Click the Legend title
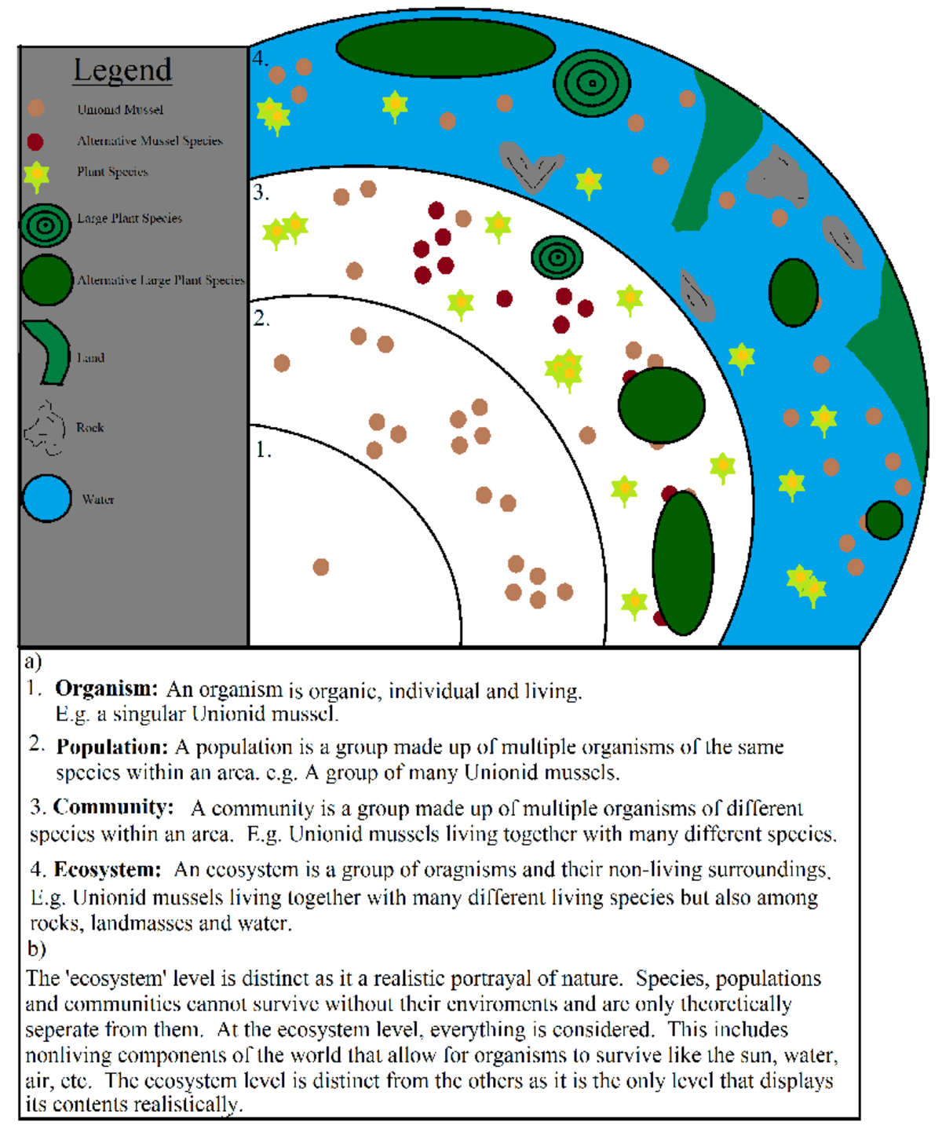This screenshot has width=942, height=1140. click(122, 71)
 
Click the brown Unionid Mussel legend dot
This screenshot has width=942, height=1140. click(35, 108)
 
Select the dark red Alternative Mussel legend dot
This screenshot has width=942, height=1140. click(35, 141)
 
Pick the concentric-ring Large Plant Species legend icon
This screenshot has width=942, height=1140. click(46, 225)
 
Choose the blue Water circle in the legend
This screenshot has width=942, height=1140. click(47, 499)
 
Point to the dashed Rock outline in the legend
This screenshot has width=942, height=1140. click(45, 429)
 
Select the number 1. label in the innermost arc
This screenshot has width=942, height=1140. click(263, 450)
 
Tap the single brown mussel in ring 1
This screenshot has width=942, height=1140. click(321, 567)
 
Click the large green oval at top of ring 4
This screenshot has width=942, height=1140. click(446, 48)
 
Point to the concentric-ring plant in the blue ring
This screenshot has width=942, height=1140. click(592, 82)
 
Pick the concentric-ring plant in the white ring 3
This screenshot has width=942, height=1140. click(557, 257)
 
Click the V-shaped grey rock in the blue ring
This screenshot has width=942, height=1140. click(531, 166)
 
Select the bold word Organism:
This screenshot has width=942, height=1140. click(107, 689)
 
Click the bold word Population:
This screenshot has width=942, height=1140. click(112, 747)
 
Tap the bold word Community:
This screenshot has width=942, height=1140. click(113, 807)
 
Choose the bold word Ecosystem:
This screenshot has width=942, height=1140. click(108, 870)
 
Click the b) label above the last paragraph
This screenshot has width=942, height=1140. click(36, 948)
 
